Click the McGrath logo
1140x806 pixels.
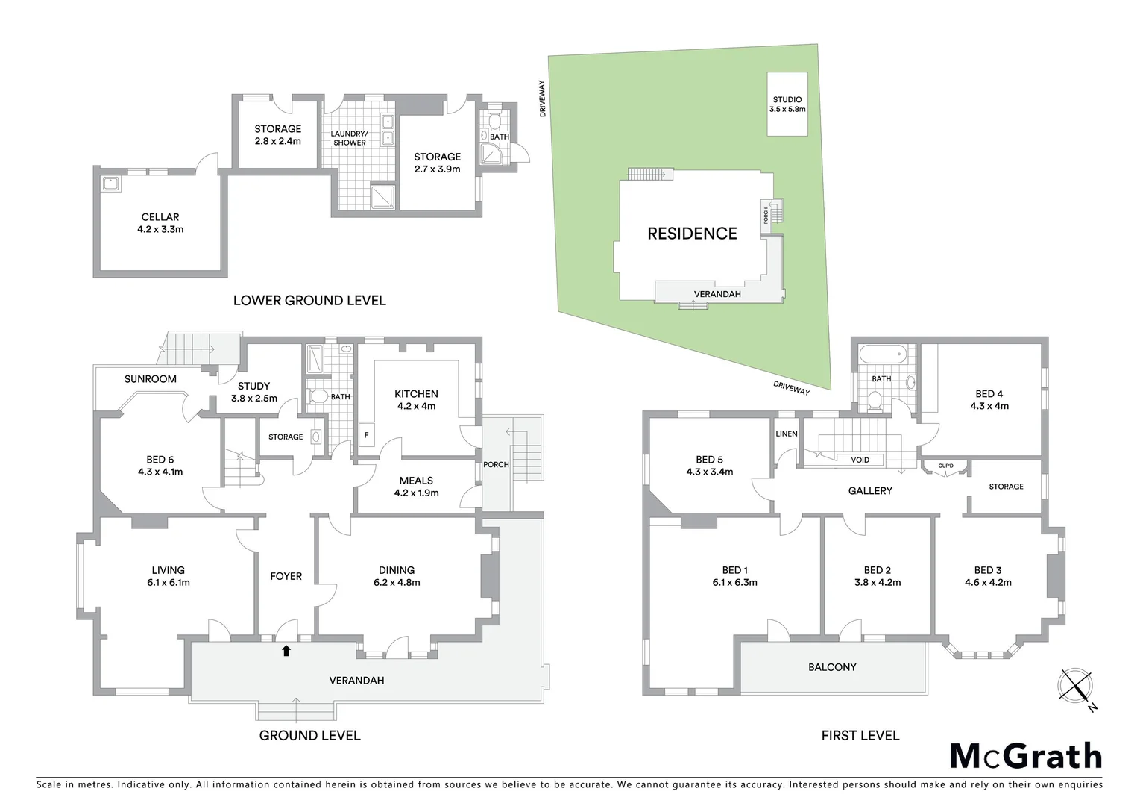1025,756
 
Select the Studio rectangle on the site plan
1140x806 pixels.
787,104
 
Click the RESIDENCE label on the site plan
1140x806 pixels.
692,234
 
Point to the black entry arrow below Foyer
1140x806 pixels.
286,651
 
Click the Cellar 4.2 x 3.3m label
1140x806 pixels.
160,223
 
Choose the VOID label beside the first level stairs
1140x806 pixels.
860,460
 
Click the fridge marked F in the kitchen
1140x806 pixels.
366,435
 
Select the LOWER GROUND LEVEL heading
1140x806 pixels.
309,301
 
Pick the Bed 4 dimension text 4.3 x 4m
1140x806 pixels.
989,406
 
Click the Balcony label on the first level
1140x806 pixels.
832,667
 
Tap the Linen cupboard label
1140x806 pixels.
787,434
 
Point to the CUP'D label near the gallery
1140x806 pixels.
945,466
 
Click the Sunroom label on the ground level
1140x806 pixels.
151,379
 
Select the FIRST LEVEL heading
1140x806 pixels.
860,735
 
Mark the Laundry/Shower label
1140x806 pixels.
350,138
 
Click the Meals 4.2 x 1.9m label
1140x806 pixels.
416,487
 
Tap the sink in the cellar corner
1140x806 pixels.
111,182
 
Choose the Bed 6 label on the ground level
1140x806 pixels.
160,466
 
